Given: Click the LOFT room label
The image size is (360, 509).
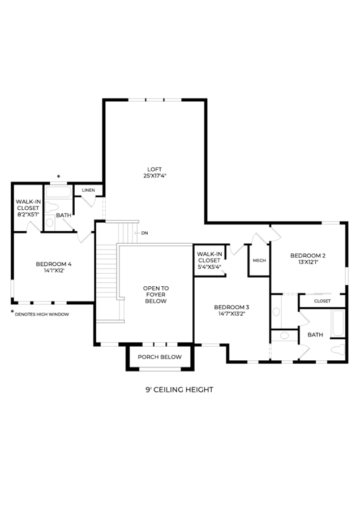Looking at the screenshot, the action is click(155, 169).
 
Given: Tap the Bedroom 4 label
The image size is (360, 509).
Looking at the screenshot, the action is click(54, 264).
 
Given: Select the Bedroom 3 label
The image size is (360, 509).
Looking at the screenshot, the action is click(232, 307).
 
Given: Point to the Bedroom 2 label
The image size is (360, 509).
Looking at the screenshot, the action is click(308, 256).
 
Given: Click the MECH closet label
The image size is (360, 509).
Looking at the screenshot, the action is click(259, 260).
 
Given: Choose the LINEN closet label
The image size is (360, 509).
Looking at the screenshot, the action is click(88, 190).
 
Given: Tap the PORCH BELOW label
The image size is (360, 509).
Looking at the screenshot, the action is click(160, 357).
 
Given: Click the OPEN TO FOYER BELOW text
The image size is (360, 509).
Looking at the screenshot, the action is click(156, 295).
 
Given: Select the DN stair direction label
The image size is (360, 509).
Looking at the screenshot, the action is click(144, 233).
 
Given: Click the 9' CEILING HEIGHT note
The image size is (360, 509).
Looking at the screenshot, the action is click(179, 390).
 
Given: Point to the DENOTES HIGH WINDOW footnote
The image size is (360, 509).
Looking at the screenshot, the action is click(42, 314).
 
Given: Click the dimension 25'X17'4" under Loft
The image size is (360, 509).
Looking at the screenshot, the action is click(155, 176).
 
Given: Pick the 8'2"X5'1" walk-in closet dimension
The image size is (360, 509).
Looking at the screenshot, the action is click(28, 214).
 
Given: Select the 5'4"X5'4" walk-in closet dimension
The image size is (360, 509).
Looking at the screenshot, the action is click(209, 267).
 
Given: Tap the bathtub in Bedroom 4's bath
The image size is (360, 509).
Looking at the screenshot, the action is click(58, 192).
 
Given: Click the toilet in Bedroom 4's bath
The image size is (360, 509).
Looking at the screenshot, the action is click(52, 207).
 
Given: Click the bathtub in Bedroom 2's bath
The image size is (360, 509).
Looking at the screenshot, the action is click(338, 323).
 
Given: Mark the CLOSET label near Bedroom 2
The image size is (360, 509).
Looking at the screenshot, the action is click(322, 301).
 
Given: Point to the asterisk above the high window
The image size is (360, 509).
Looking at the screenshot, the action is click(58, 176).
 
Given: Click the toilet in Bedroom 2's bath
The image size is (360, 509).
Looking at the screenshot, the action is click(338, 350).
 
